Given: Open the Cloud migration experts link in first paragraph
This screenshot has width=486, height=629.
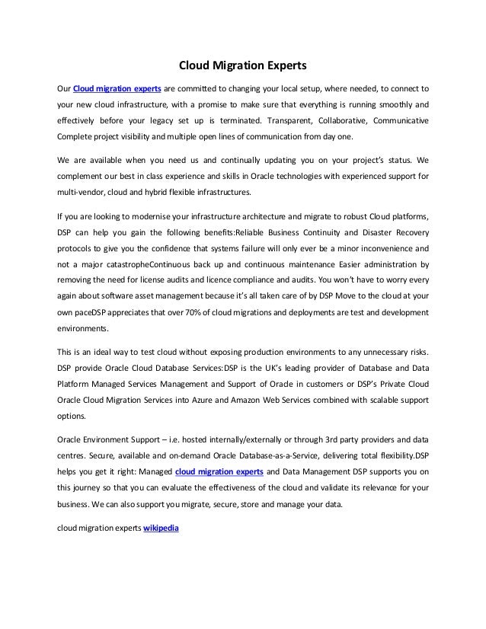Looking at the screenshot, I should pos(117,87).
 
